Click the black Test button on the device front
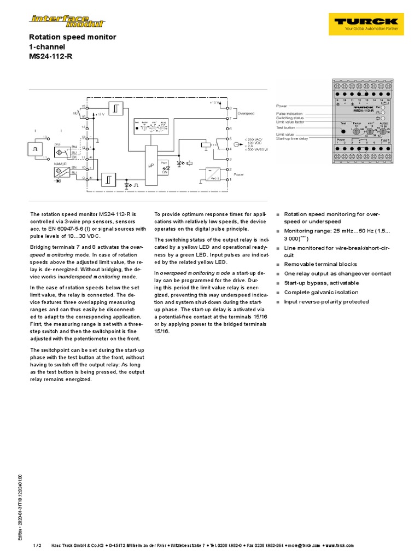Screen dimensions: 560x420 click(x=343, y=130)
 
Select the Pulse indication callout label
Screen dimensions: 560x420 click(x=290, y=113)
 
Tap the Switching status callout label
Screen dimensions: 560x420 click(x=290, y=118)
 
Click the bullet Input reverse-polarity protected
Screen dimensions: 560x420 click(x=326, y=302)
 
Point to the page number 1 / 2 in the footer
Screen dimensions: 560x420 click(x=38, y=545)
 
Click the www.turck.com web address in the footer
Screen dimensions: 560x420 click(x=339, y=545)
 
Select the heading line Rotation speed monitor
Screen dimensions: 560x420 click(x=72, y=37)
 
